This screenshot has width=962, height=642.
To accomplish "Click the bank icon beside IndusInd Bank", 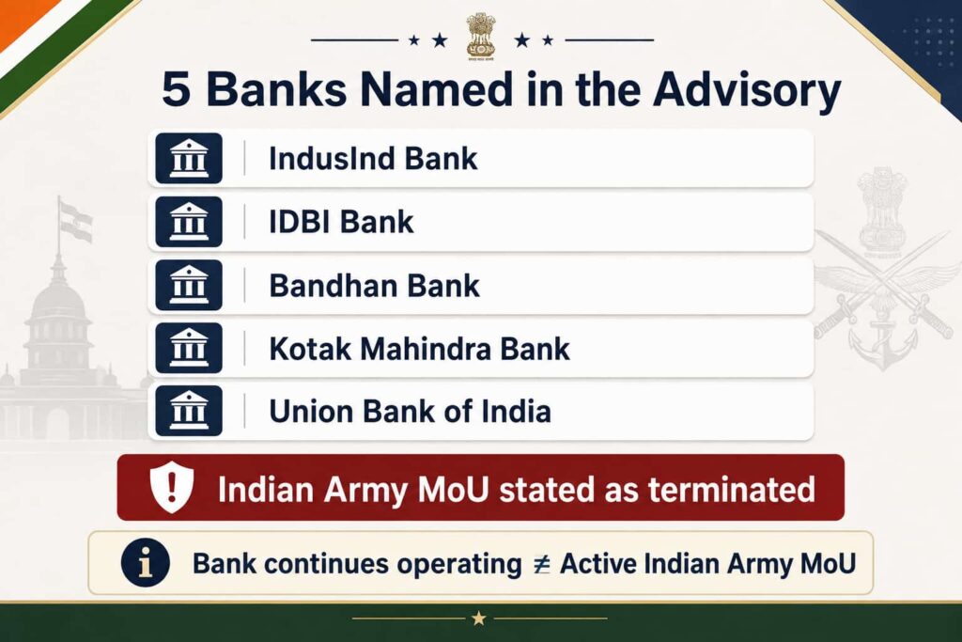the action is tap(188, 158).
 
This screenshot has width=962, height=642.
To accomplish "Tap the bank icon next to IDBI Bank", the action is tap(188, 222).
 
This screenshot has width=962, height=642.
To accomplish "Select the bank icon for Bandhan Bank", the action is tap(188, 285).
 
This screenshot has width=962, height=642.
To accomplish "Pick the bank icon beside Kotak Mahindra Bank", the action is tap(188, 348).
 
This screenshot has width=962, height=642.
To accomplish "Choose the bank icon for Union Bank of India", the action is tap(188, 411).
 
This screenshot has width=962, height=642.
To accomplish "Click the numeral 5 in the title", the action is tap(176, 89).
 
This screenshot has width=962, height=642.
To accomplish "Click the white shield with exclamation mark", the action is tap(172, 487).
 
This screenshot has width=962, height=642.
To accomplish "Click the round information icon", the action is tap(146, 563).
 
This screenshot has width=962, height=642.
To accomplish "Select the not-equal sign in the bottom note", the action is tap(541, 564).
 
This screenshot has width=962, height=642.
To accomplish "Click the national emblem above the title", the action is tap(480, 37).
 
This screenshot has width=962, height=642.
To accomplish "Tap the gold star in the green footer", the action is tap(479, 619).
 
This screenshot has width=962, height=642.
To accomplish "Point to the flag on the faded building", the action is tap(76, 222).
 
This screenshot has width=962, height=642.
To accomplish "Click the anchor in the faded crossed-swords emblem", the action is tap(883, 347).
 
